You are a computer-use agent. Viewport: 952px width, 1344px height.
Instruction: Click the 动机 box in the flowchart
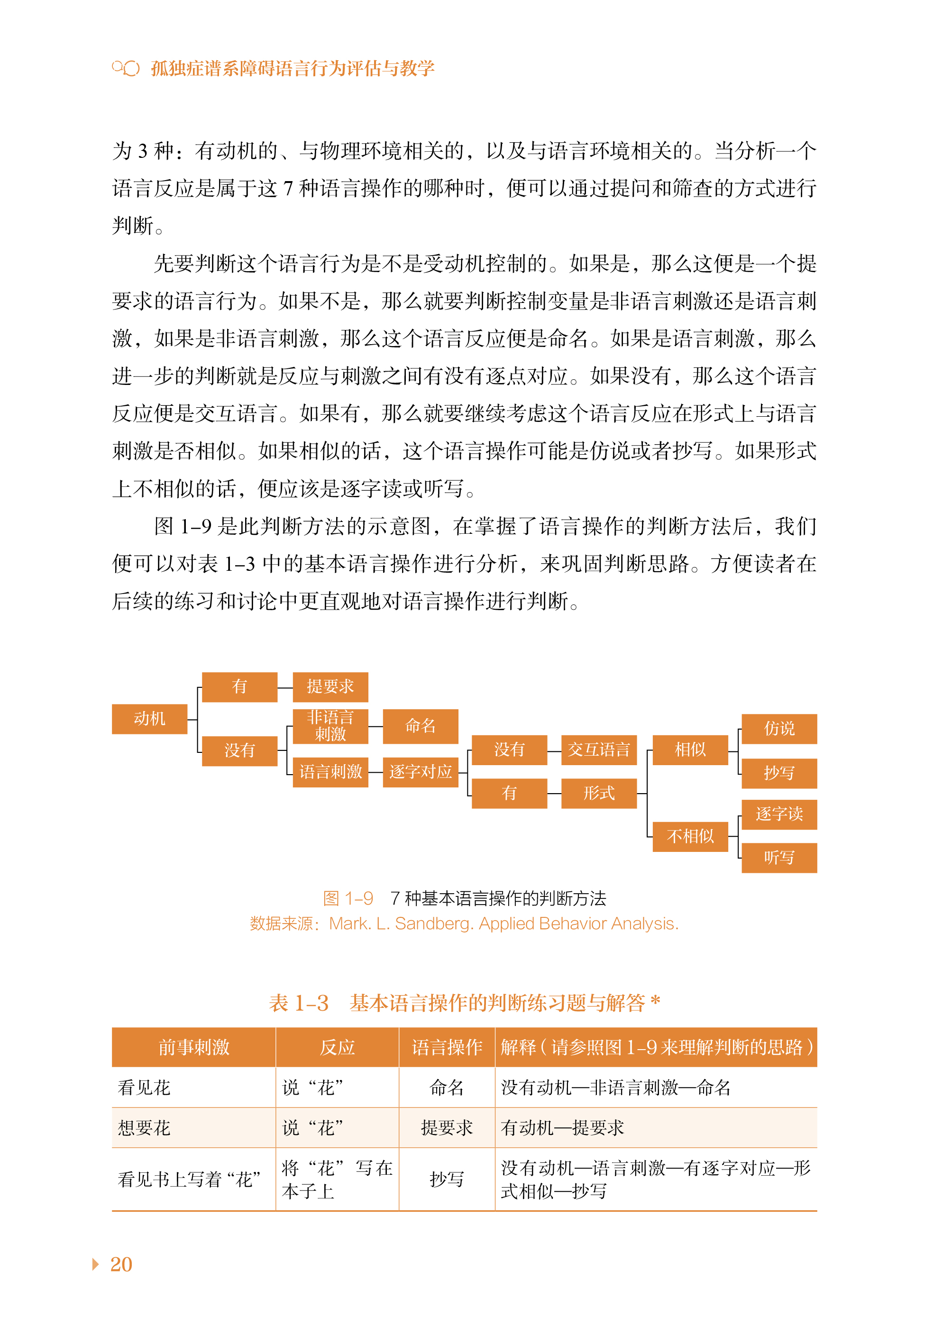149,719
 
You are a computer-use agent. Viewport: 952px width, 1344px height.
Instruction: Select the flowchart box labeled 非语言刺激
330,726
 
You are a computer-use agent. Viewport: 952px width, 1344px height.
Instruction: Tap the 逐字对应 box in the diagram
421,771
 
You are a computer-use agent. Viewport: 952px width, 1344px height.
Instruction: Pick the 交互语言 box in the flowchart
598,750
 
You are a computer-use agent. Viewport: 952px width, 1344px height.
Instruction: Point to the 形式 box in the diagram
598,793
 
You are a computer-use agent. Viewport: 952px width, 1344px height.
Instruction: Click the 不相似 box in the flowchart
690,836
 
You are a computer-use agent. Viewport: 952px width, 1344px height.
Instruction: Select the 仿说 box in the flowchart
778,729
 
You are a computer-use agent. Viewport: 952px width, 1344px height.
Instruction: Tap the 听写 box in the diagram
778,858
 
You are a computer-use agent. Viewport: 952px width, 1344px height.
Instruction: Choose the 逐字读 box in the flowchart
778,814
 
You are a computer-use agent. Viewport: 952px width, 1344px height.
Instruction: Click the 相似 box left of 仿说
690,750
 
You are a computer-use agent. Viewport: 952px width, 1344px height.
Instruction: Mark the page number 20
121,1264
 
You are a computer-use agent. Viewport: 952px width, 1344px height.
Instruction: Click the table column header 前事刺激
193,1047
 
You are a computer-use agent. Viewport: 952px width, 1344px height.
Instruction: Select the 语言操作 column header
447,1047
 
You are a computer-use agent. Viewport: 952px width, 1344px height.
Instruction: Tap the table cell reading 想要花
144,1128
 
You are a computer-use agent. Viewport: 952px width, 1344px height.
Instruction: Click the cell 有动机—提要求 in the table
562,1128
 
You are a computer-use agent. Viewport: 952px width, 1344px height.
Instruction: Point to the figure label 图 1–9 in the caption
348,898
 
